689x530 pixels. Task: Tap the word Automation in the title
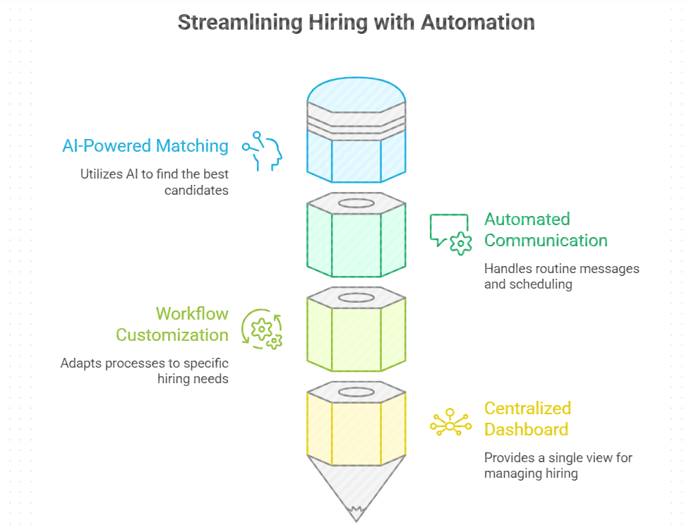point(477,22)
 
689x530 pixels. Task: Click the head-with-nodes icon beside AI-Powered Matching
point(263,150)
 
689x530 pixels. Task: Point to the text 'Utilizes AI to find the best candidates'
point(154,181)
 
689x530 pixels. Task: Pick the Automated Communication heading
point(546,229)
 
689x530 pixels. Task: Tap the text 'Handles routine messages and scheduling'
point(561,276)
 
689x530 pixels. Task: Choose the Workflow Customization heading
point(172,323)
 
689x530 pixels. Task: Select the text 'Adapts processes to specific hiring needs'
point(144,371)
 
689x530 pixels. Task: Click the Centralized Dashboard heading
point(527,418)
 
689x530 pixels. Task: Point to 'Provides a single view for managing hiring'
point(558,465)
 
